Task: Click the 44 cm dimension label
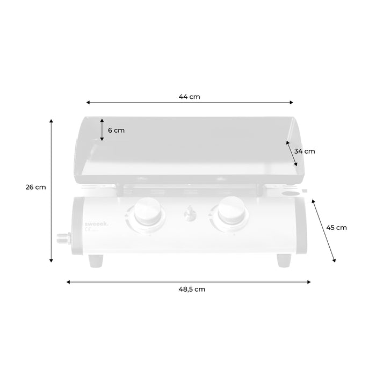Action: (x=189, y=97)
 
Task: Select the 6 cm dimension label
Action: (x=116, y=130)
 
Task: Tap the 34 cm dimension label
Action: (x=305, y=151)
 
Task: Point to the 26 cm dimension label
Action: (x=36, y=187)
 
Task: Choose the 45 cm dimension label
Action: (x=336, y=227)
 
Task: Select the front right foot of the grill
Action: (x=284, y=261)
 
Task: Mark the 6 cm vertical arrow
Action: (x=102, y=129)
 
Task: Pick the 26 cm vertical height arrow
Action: (x=52, y=191)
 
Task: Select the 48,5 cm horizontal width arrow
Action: (x=189, y=281)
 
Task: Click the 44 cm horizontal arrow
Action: (x=190, y=102)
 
